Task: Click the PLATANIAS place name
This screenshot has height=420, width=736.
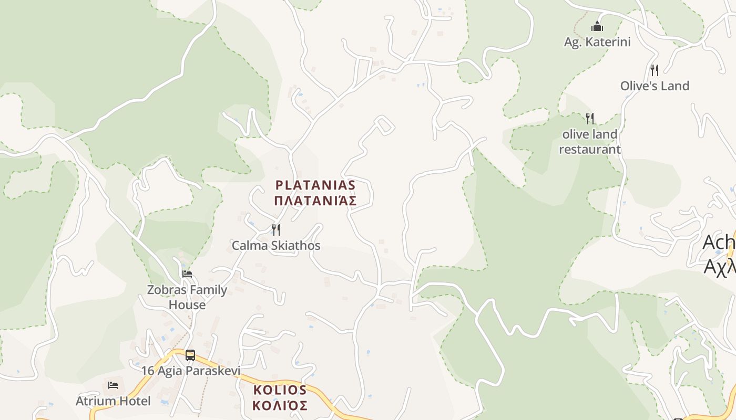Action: (x=315, y=185)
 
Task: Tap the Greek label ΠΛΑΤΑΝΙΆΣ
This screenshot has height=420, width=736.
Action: (x=315, y=201)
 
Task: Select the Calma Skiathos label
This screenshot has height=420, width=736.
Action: (x=276, y=245)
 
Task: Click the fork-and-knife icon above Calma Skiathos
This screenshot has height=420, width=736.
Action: (x=275, y=229)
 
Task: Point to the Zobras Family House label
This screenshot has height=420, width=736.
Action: (x=187, y=297)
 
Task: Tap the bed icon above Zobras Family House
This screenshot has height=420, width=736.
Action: (x=187, y=274)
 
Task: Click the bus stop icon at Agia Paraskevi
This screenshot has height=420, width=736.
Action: (x=190, y=355)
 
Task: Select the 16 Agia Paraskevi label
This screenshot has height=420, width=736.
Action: (x=190, y=371)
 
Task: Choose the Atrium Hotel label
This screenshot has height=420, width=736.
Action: (x=113, y=401)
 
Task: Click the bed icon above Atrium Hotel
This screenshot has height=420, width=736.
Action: (x=113, y=385)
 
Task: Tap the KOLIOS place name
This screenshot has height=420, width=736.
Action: (x=280, y=390)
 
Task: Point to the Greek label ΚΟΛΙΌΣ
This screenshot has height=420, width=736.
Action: (x=280, y=405)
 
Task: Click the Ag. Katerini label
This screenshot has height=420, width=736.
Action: (x=597, y=42)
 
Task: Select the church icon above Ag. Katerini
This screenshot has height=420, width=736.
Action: (x=597, y=26)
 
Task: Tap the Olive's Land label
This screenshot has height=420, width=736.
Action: (x=655, y=86)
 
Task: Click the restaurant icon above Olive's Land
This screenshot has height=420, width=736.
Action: (x=655, y=70)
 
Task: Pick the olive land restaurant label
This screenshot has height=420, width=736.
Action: (x=590, y=142)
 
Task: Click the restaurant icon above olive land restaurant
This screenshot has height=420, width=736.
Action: (x=590, y=118)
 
